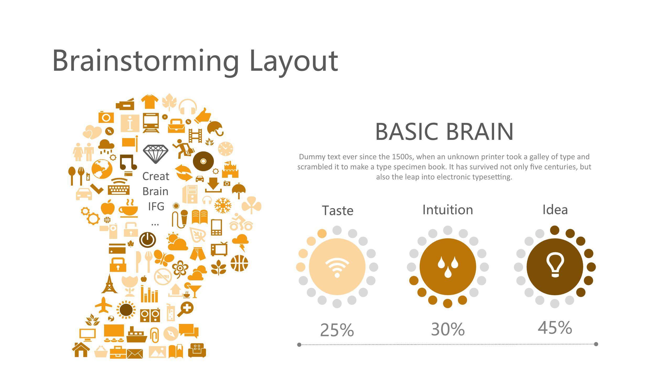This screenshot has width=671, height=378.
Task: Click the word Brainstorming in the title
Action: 145,61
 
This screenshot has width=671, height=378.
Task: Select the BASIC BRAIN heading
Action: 444,132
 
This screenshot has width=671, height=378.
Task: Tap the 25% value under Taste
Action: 337,330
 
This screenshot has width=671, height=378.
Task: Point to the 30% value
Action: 448,329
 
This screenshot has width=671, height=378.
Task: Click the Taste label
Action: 338,211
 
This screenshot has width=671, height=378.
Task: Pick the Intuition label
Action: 448,210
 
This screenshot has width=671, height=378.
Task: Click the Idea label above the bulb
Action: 555,209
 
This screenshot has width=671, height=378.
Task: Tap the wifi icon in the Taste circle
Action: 337,267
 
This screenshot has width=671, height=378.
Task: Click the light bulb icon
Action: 555,265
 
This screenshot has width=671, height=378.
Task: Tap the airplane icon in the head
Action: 104,305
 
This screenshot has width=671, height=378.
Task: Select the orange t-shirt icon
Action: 150,102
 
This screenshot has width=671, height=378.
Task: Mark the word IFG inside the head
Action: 156,206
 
